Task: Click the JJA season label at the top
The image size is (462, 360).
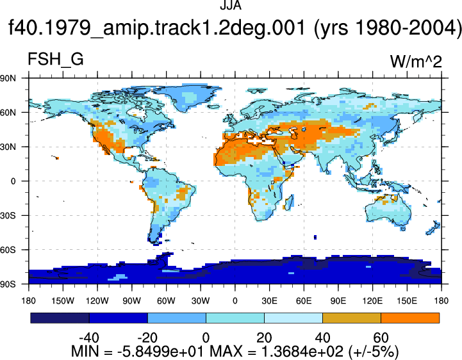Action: (231, 5)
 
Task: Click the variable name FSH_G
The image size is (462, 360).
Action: (55, 59)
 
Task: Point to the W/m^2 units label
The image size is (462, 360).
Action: (416, 61)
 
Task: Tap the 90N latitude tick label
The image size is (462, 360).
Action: (8, 78)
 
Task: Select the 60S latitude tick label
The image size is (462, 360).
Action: (8, 250)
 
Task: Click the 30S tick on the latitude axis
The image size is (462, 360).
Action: (8, 216)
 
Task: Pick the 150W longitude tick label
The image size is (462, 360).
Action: (63, 301)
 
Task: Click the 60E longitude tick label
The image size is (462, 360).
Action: (304, 301)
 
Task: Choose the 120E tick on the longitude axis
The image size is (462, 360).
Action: (373, 301)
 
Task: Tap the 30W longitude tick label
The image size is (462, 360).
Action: (201, 301)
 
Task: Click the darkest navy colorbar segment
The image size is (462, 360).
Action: (60, 318)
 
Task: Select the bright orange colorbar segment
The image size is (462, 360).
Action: (410, 318)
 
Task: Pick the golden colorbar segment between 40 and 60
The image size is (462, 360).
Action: (352, 318)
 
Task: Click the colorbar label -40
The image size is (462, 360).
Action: (89, 338)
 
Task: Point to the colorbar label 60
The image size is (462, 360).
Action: (381, 338)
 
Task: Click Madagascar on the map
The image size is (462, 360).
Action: (290, 202)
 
